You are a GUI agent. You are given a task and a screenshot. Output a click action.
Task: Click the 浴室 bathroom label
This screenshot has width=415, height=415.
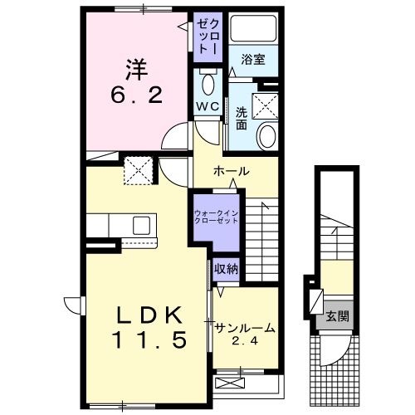253,59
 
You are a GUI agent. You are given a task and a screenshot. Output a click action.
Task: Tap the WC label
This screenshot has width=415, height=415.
207,106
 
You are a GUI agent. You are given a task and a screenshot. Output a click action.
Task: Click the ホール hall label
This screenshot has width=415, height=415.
232,171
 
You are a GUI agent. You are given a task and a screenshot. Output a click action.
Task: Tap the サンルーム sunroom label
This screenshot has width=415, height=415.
245,328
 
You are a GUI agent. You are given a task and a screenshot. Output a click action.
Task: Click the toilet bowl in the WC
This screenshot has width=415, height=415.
207,85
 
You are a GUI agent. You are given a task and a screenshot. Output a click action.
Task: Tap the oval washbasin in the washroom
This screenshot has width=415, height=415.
267,134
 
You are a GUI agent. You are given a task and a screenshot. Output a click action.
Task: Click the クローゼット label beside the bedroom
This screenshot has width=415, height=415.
207,35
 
